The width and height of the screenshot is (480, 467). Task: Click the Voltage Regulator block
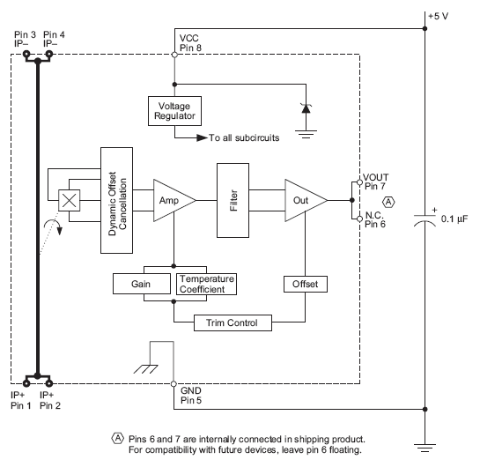[x=174, y=111]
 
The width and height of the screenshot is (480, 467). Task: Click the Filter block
[x=233, y=201]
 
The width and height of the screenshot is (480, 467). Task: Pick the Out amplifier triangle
[x=302, y=201]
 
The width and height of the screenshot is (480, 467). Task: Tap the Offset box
[x=304, y=284]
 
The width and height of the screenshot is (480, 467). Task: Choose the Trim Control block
[x=233, y=322]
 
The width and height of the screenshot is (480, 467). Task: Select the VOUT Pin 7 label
[x=375, y=182]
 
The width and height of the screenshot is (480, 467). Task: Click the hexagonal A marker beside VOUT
[x=389, y=202]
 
